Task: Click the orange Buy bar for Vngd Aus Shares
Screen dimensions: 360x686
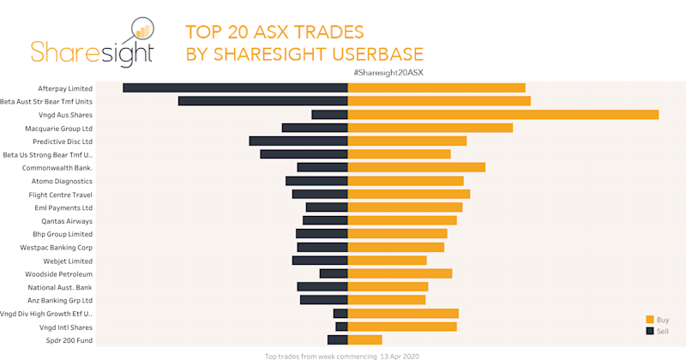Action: click(x=502, y=114)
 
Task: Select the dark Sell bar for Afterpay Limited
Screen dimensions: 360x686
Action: click(x=236, y=87)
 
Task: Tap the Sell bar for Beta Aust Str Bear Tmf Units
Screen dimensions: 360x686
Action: click(x=263, y=101)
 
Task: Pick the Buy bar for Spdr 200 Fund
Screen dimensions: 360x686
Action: click(x=364, y=340)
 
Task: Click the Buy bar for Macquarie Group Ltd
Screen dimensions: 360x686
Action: click(x=430, y=128)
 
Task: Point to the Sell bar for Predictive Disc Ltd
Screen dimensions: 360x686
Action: click(x=298, y=141)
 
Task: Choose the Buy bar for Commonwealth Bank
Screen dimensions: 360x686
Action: click(x=416, y=167)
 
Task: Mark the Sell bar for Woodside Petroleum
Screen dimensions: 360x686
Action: click(x=334, y=273)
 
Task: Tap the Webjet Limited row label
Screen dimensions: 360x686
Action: click(x=67, y=261)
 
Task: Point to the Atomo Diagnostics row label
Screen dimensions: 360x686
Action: click(x=62, y=181)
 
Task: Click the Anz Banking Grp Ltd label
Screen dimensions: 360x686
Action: click(x=60, y=301)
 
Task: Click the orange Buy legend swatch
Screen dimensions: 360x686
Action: click(x=649, y=319)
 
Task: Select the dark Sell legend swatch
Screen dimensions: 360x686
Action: click(x=649, y=330)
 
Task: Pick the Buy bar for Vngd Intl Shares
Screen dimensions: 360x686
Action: click(x=402, y=327)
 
